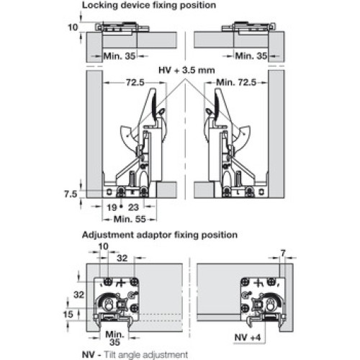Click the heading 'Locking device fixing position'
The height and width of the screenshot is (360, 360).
149,5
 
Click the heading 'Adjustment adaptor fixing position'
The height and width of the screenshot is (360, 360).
160,235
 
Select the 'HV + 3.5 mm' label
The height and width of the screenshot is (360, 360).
186,71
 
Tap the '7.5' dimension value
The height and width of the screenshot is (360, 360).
71,194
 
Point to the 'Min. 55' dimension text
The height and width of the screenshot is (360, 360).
130,219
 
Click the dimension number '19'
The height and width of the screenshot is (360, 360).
112,207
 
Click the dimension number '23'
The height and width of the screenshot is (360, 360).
133,207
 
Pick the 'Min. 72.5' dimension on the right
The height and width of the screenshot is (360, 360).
236,83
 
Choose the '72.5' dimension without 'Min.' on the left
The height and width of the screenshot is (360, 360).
135,83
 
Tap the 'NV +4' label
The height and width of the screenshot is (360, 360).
248,338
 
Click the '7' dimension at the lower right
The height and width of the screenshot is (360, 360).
283,253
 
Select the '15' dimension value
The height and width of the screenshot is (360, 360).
68,314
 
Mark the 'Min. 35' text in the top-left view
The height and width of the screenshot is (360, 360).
120,56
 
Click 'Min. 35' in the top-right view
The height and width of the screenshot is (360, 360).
251,56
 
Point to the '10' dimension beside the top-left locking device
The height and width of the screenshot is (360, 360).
73,27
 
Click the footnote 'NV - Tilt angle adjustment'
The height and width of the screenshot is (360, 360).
135,354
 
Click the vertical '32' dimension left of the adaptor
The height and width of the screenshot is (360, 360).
79,294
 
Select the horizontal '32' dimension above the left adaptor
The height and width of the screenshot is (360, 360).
122,258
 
